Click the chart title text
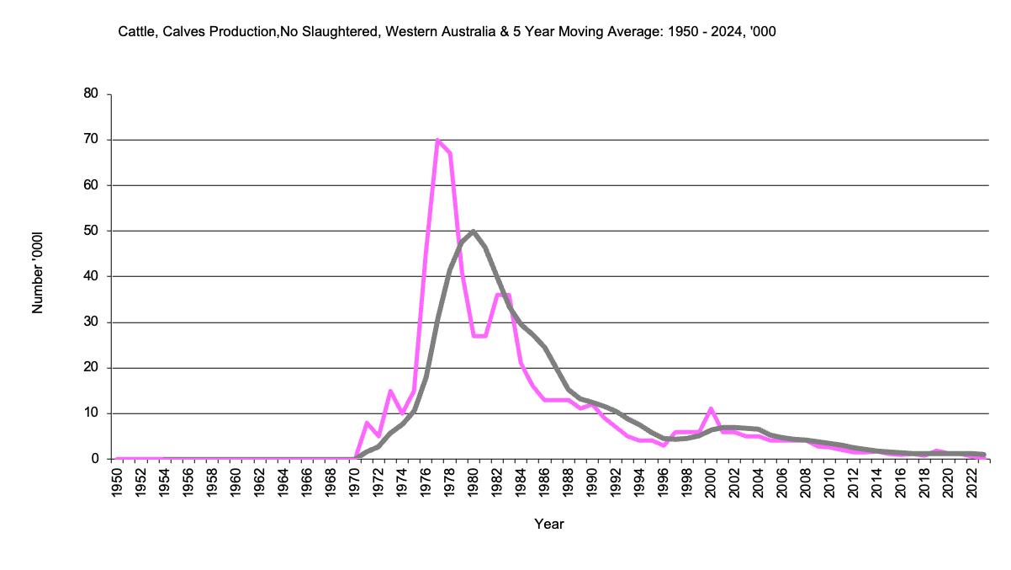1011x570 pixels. (446, 32)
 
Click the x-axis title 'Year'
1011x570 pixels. (549, 524)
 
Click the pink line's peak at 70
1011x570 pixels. (438, 140)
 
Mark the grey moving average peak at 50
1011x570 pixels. (474, 231)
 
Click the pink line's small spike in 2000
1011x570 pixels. (712, 409)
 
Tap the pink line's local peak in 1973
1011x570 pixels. (390, 391)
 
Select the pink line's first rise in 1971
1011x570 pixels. (367, 423)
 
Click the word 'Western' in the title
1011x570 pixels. (410, 32)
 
